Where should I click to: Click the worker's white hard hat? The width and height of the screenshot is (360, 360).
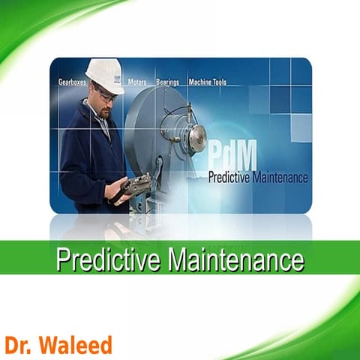[x=105, y=73]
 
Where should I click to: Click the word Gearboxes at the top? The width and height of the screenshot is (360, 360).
[x=74, y=82]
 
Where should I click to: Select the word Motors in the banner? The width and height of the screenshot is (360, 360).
[x=137, y=82]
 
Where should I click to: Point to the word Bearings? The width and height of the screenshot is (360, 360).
[x=168, y=82]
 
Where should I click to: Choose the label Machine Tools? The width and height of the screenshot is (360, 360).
[x=207, y=82]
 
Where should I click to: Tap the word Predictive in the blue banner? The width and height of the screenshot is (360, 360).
[x=236, y=178]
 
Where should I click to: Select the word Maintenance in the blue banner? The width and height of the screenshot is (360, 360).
[x=283, y=178]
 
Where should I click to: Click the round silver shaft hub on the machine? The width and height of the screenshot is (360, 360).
[x=196, y=136]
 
